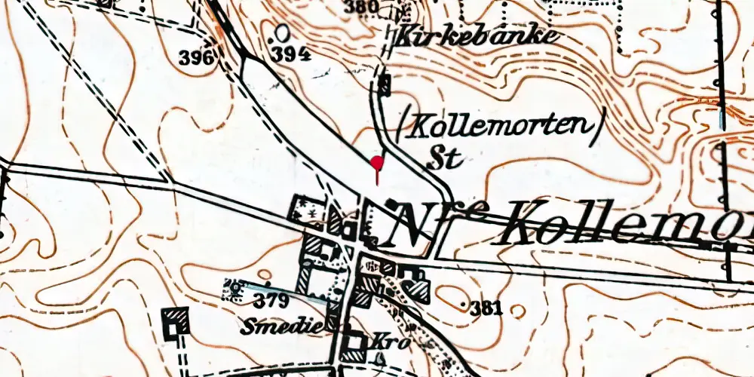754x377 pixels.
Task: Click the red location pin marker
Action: tap(377, 163)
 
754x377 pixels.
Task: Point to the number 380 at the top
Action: tap(360, 8)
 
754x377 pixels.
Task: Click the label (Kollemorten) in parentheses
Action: tap(499, 128)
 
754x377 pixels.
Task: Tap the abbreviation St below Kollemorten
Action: tap(443, 158)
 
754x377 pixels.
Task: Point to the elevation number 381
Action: tap(486, 308)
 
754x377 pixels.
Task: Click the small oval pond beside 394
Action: tap(282, 33)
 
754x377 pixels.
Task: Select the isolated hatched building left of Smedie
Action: tap(176, 320)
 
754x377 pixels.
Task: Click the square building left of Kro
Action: tap(352, 346)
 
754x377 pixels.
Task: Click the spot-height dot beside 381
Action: tap(463, 304)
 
